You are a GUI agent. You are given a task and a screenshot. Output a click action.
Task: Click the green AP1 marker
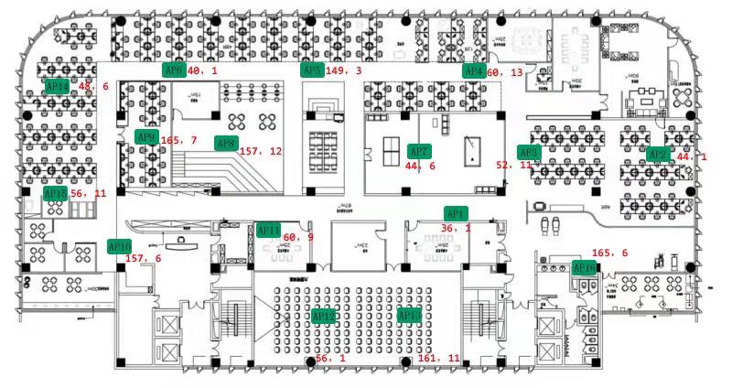(x=456, y=213)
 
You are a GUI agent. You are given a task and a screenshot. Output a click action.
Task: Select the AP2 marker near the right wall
(x=657, y=155)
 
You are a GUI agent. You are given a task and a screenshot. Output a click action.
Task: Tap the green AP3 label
(x=529, y=153)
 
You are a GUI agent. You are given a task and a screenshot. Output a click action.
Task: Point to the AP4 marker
(x=473, y=70)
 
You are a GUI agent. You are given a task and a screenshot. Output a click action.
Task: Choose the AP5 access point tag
(x=312, y=70)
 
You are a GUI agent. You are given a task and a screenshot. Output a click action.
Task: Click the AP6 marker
(x=173, y=70)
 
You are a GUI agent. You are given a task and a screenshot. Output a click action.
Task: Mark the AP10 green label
(x=120, y=246)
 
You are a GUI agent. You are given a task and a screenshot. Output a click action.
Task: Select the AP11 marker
(x=269, y=231)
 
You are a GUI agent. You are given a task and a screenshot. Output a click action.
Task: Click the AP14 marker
(x=57, y=86)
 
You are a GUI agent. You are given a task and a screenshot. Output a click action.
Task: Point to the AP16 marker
(x=585, y=268)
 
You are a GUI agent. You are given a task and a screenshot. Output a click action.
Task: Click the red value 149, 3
(x=343, y=70)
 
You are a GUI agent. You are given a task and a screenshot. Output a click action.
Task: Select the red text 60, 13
(x=505, y=72)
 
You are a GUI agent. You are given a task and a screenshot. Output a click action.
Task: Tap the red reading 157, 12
(x=261, y=151)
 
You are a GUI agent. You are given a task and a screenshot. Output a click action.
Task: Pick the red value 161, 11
(x=439, y=359)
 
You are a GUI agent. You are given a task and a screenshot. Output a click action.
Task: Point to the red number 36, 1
(x=456, y=229)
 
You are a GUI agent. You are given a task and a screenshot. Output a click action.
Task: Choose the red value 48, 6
(x=94, y=87)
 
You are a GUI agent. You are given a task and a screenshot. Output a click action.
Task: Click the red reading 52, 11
(x=512, y=166)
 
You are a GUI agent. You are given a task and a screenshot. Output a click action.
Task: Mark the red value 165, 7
(x=179, y=141)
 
